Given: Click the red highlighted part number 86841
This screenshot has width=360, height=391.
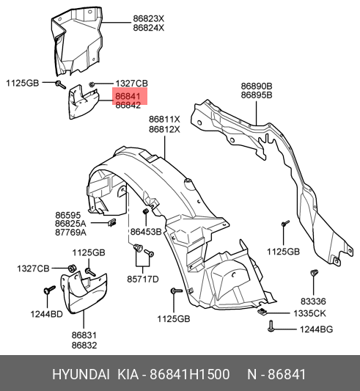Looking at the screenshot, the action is coord(128,96).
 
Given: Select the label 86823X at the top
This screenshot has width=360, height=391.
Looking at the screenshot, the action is coord(149,18).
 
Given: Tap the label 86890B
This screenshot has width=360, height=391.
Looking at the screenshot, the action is coord(257,87).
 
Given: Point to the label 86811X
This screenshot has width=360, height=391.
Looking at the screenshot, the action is coord(164,120).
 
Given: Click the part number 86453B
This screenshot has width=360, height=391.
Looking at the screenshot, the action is coord(146,232).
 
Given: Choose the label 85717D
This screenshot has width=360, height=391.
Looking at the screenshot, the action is coord(143,279).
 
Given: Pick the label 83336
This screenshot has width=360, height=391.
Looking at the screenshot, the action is coord(313,302).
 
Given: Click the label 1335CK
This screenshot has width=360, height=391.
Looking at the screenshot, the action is coord(309,313).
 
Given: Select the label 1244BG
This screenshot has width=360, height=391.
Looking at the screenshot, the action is coord(316,329).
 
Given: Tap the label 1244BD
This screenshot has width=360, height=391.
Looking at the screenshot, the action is coord(47,314).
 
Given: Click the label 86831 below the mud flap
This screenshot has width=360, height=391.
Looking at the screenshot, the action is coord(84,335).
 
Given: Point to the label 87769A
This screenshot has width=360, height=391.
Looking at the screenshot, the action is coord(70,233).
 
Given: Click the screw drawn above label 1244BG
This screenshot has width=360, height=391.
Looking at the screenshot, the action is coord(271,326).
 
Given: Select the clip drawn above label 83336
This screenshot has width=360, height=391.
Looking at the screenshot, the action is coord(314,272).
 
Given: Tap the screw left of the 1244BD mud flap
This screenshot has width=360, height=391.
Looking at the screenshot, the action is coord(49,290).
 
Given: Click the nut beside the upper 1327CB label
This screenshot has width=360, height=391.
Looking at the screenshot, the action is coord(92,84).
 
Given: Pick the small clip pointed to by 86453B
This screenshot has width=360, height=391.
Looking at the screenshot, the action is coord(145,212).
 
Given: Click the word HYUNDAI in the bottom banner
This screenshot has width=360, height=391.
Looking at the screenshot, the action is coord(81,375).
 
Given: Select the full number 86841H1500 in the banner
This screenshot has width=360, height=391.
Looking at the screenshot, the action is coord(189,375).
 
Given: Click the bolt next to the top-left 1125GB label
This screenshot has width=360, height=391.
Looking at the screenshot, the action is coord(60,84).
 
